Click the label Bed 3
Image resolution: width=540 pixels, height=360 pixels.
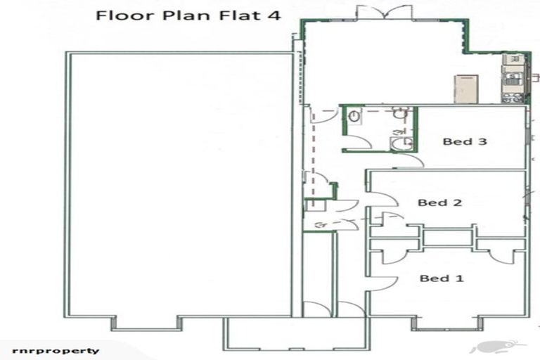pyautogui.click(x=465, y=141)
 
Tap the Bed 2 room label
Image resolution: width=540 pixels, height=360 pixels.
pyautogui.click(x=439, y=202)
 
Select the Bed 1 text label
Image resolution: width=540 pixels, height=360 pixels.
pyautogui.click(x=442, y=278)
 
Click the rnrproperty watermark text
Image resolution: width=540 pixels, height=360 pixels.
pyautogui.click(x=56, y=351)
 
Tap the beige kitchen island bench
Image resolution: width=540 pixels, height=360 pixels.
pyautogui.click(x=466, y=89)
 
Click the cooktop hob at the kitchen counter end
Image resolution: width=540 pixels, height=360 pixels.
pyautogui.click(x=513, y=98)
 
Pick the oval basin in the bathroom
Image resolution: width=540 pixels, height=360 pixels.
pyautogui.click(x=354, y=117)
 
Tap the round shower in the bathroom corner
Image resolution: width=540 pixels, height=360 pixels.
pyautogui.click(x=401, y=143)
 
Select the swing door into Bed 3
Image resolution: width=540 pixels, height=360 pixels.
pyautogui.click(x=412, y=160)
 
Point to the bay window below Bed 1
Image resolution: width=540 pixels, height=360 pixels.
pyautogui.click(x=447, y=324)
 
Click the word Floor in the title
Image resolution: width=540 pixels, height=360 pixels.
pyautogui.click(x=125, y=15)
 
